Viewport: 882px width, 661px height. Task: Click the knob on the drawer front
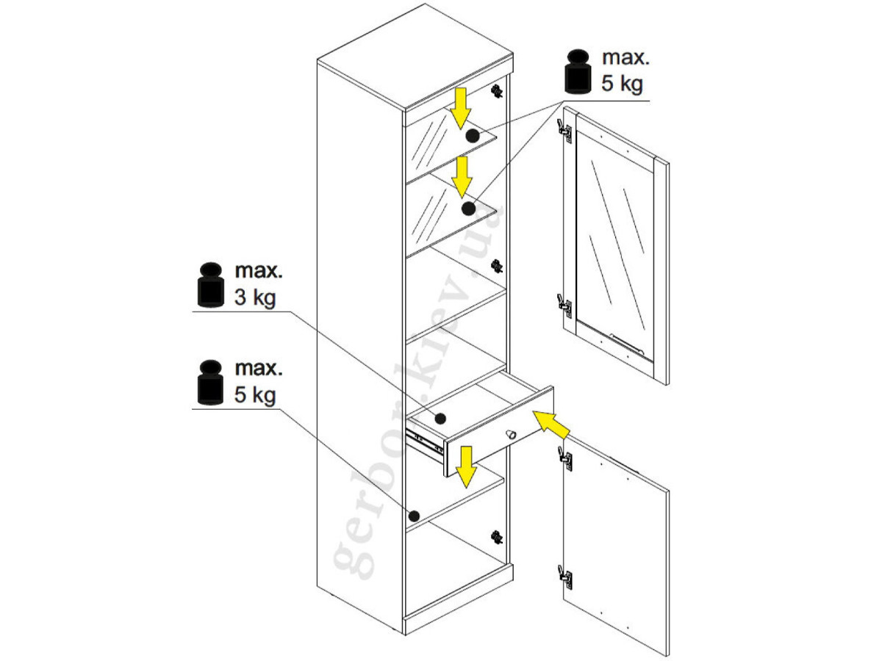click(510, 434)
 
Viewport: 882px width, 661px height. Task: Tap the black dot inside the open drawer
click(440, 419)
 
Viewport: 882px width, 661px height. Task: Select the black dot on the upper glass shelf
click(472, 136)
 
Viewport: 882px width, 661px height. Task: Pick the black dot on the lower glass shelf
click(468, 209)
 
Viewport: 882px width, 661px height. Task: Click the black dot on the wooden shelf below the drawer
click(414, 516)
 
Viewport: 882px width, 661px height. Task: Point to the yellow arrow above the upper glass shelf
click(460, 109)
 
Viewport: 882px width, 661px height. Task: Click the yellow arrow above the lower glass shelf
click(462, 177)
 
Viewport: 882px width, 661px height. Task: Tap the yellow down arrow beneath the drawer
click(466, 467)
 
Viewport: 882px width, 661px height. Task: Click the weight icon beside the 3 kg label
click(210, 285)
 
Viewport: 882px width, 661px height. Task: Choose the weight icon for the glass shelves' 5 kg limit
click(578, 71)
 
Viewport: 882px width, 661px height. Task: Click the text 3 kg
click(255, 297)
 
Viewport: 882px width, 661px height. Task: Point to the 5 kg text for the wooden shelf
click(255, 395)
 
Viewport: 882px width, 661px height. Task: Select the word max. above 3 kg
click(259, 271)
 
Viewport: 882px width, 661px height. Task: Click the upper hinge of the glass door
click(564, 131)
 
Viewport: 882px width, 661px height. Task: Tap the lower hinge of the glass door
click(564, 306)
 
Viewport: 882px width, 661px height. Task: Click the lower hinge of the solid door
click(565, 577)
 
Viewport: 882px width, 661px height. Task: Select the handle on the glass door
click(627, 344)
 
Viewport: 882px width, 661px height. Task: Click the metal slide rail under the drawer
click(424, 443)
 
